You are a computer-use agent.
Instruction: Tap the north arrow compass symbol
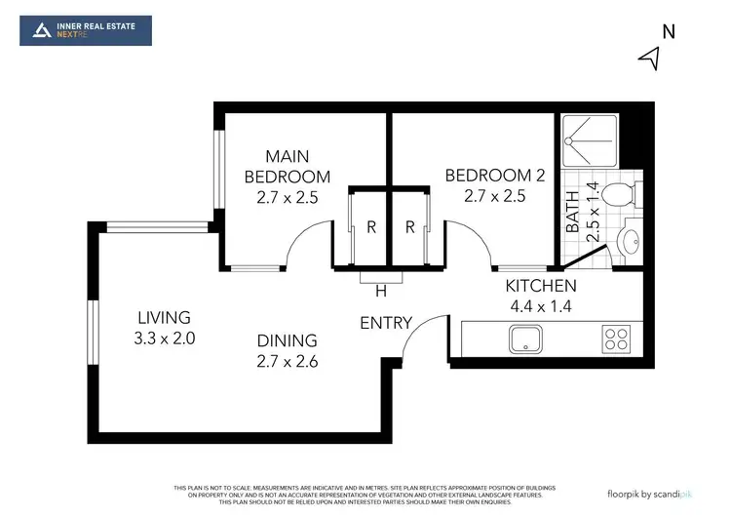click(650, 60)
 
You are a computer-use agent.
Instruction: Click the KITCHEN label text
click(541, 286)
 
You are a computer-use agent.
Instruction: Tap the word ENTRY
click(386, 323)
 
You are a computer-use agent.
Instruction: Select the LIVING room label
click(164, 318)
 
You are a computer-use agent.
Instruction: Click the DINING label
click(288, 340)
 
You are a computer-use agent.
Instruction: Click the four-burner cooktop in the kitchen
click(616, 339)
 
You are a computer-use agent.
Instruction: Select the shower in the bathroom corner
click(590, 143)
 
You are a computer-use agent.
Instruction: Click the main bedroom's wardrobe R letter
click(371, 227)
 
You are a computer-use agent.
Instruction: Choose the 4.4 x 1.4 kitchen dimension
click(541, 305)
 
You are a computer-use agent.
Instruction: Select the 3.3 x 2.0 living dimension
click(164, 338)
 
